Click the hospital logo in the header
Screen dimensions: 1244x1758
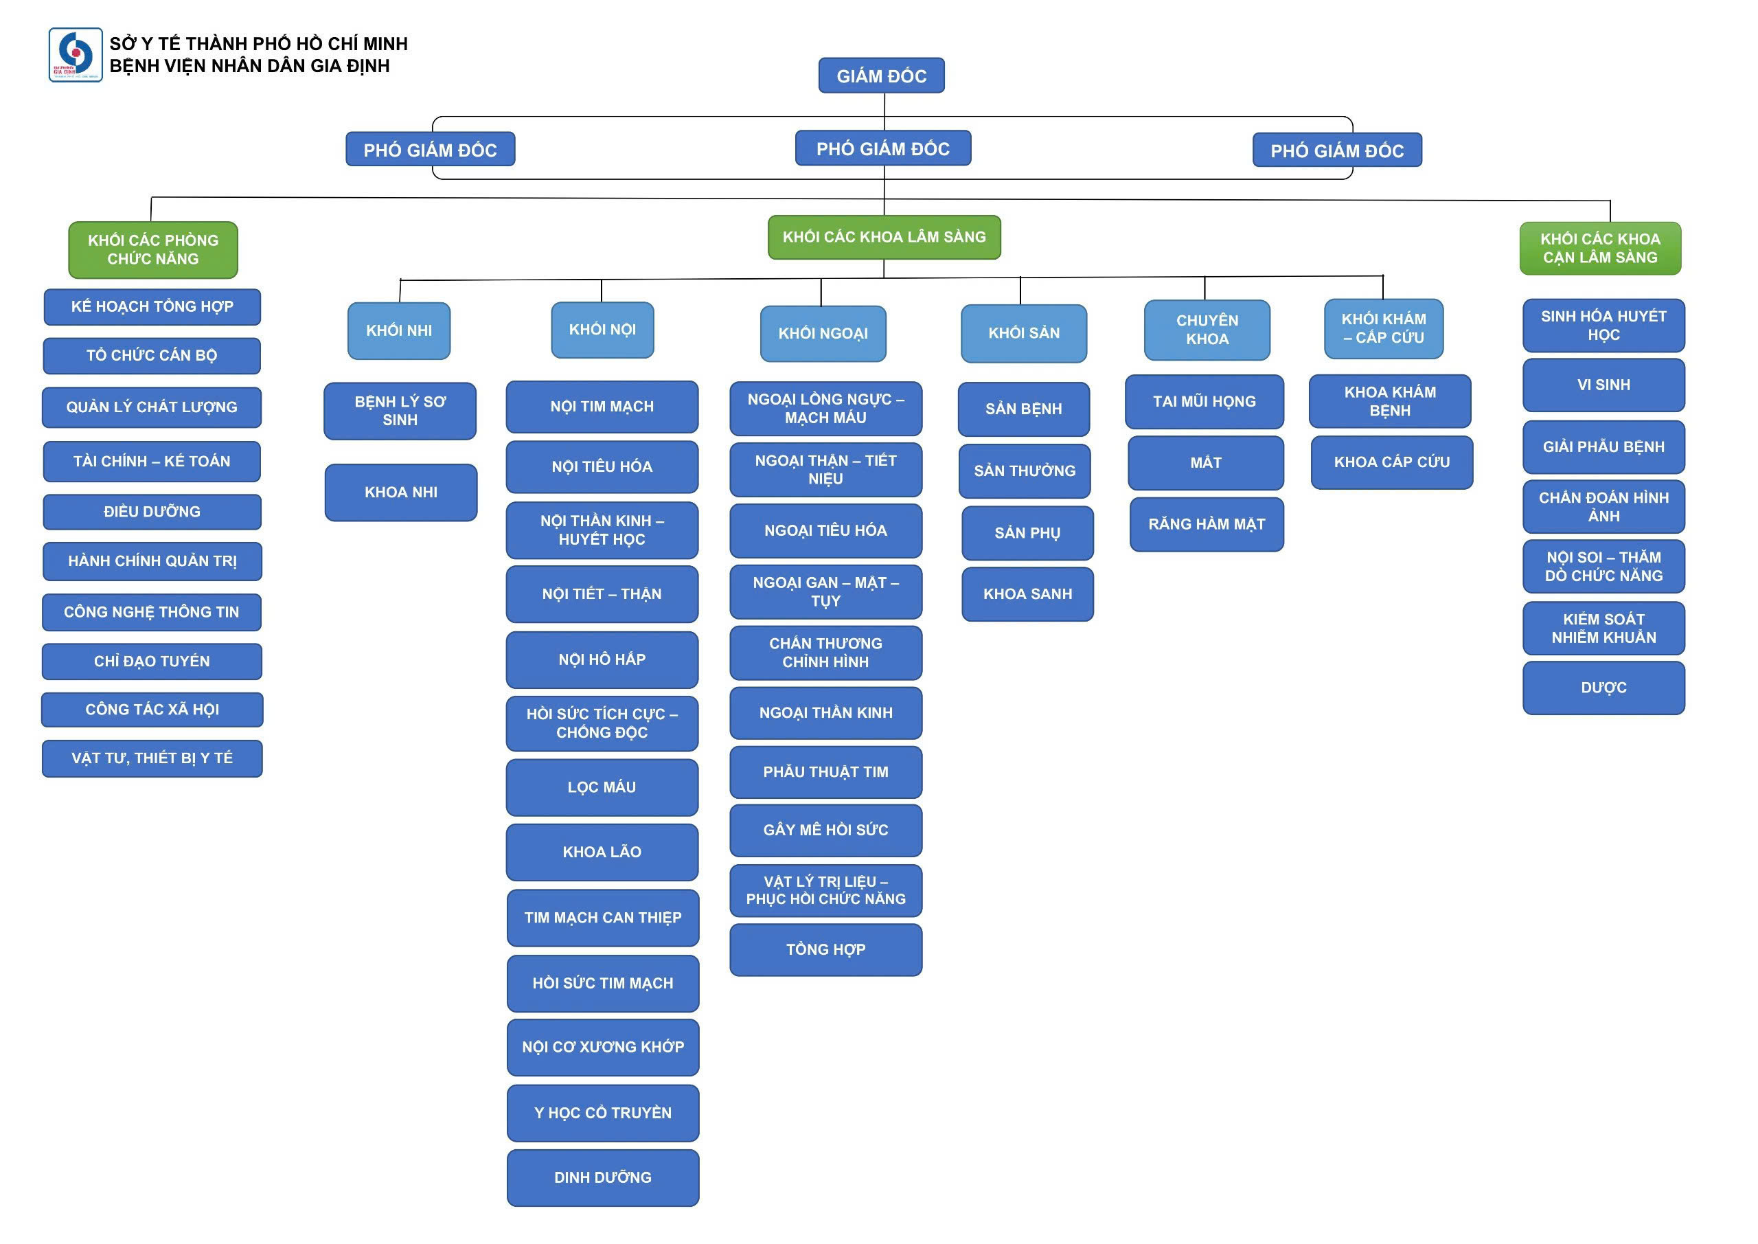click(x=75, y=55)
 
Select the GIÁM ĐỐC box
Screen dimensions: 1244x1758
click(x=880, y=76)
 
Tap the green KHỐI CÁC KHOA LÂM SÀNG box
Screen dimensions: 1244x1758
click(x=884, y=238)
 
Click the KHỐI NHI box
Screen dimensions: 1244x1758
click(x=399, y=331)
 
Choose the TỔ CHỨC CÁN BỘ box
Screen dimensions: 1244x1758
click(x=152, y=355)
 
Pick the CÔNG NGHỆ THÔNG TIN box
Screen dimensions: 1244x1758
click(x=152, y=612)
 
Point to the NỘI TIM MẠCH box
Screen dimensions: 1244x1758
click(x=602, y=407)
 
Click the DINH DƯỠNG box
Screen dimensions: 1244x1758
click(x=602, y=1177)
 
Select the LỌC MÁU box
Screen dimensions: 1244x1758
click(x=602, y=787)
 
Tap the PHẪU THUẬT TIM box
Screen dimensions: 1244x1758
click(x=825, y=772)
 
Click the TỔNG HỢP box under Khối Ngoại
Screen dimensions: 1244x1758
click(x=825, y=950)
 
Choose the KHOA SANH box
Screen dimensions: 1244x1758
click(x=1027, y=593)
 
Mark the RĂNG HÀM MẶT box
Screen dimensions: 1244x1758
click(x=1206, y=525)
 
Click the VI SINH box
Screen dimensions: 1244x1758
click(x=1603, y=385)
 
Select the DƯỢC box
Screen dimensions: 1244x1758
click(x=1603, y=688)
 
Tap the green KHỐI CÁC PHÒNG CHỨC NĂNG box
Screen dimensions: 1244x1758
click(x=153, y=250)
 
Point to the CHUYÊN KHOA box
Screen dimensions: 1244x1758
click(x=1207, y=330)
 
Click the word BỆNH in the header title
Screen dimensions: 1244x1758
click(x=134, y=67)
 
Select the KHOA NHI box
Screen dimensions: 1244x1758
click(x=400, y=493)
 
